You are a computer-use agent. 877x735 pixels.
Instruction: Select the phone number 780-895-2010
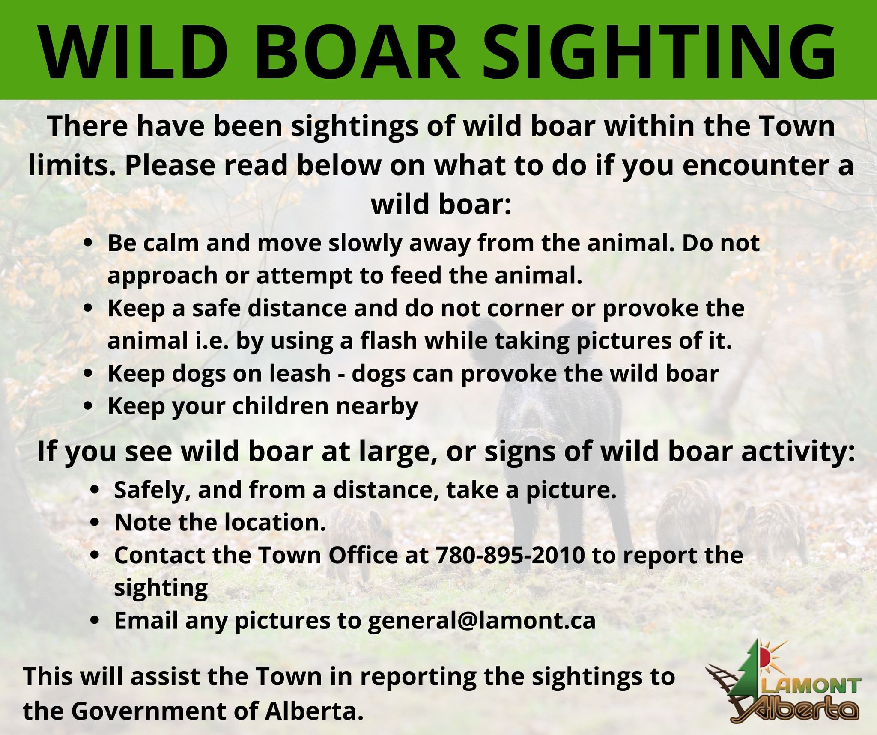[510, 555]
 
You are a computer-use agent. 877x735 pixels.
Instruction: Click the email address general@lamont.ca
[482, 621]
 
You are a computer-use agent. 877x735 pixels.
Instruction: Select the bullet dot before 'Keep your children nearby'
[89, 406]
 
